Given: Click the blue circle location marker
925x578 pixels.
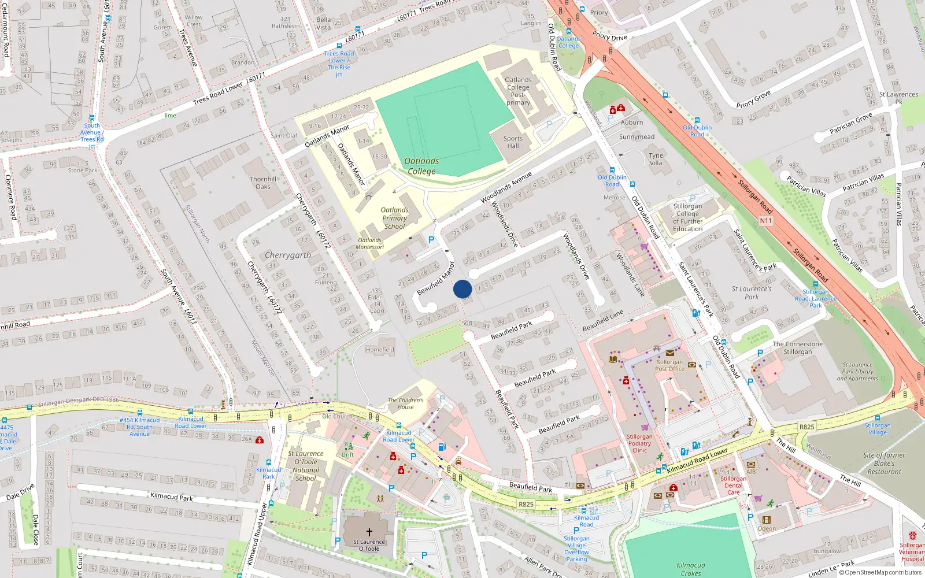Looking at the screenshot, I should point(462,289).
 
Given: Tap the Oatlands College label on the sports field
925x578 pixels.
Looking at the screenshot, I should point(421,166).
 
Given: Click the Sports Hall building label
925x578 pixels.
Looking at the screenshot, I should point(513,142).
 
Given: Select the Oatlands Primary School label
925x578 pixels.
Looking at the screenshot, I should point(394,218).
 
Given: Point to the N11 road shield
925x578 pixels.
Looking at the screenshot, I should point(765,220).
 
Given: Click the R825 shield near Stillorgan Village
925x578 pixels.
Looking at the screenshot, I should point(806,427).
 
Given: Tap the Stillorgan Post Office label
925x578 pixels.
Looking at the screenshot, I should point(669,365).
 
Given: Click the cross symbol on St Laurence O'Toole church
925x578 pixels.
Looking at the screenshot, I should point(369,532).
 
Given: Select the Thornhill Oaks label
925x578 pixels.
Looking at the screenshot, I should point(263,183).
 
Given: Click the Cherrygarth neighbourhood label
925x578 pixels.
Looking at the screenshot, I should point(287,255).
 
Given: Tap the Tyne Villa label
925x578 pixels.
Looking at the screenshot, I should point(656,159).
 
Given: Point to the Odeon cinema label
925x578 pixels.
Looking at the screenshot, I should point(767,528).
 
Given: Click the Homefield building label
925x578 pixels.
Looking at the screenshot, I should point(380,350).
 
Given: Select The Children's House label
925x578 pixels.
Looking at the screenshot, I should point(405,403).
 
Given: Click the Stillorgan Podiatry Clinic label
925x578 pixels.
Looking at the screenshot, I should point(639,443).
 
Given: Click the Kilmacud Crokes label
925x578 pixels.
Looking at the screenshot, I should point(690,569).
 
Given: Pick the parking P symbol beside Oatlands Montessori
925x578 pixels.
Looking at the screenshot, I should point(431,240).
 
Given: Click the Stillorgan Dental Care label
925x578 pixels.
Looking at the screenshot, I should point(733,486).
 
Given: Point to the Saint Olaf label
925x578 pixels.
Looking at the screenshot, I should point(284,136).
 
